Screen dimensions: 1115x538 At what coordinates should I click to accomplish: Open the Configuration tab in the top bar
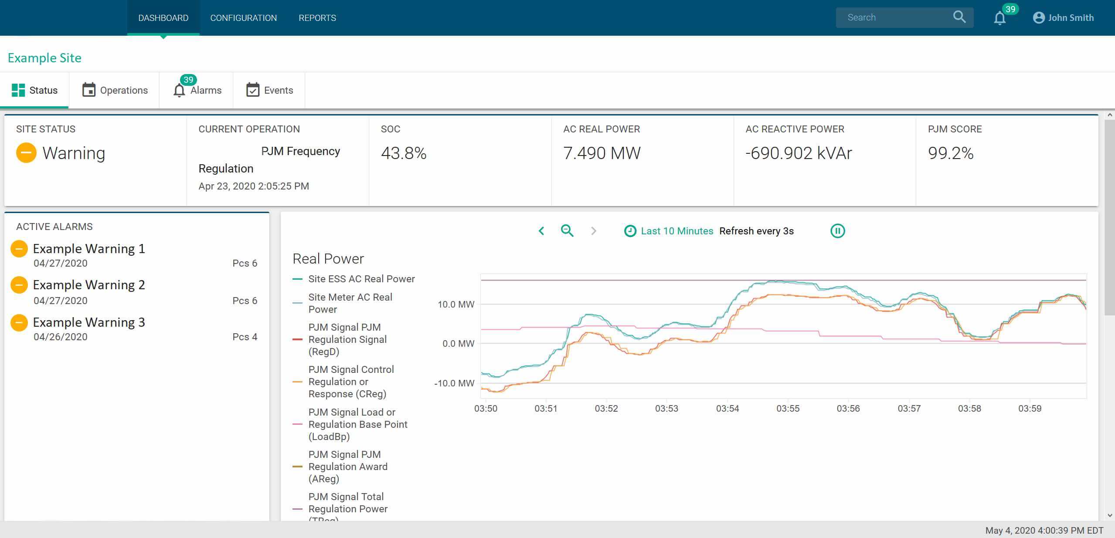243,18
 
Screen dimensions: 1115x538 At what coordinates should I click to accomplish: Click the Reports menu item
317,18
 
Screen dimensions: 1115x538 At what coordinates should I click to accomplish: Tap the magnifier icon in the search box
959,17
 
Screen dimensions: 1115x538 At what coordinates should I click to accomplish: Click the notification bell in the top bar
999,18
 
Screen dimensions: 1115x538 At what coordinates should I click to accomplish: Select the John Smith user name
1071,18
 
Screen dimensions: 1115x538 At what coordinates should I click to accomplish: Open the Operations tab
115,90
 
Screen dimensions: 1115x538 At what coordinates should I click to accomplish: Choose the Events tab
269,90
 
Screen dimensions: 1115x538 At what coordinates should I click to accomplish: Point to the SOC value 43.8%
404,153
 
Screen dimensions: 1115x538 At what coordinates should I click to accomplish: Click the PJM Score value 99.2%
951,153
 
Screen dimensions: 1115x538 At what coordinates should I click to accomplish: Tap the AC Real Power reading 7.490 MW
602,153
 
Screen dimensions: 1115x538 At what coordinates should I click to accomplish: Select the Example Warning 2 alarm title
89,285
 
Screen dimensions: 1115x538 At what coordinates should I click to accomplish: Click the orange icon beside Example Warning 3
19,323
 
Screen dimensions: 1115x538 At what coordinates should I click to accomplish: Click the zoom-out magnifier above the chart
567,230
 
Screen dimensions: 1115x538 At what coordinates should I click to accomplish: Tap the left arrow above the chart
541,231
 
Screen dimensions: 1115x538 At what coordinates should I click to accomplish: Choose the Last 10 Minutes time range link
677,231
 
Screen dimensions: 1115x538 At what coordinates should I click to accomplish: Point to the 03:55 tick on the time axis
788,409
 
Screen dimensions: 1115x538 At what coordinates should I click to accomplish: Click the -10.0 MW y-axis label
454,383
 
